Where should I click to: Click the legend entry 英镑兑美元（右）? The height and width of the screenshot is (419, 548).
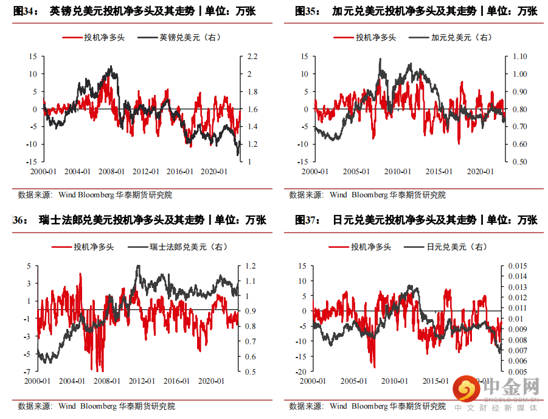pos(190,37)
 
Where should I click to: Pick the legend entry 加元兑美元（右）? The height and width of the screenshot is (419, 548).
pos(461,37)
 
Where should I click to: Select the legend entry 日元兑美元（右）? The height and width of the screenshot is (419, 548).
pos(457,247)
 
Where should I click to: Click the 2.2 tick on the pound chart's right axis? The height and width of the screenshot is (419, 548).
pos(251,57)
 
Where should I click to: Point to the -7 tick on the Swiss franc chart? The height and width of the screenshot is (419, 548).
pos(28,371)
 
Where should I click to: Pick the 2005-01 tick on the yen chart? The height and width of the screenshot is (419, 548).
pos(354,381)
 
